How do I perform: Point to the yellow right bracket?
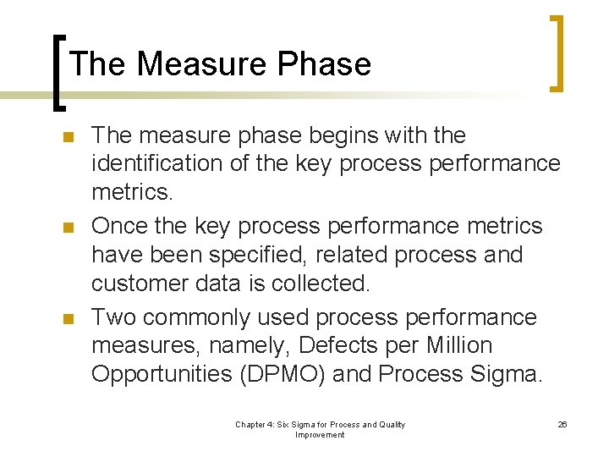pos(555,52)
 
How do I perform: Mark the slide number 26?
pos(562,424)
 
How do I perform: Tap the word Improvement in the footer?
pos(320,435)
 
